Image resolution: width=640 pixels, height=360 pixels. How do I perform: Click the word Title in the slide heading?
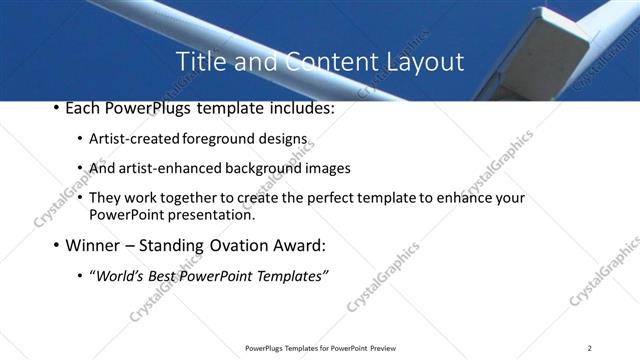(x=199, y=62)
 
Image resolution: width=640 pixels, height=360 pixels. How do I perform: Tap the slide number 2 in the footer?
(x=590, y=348)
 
